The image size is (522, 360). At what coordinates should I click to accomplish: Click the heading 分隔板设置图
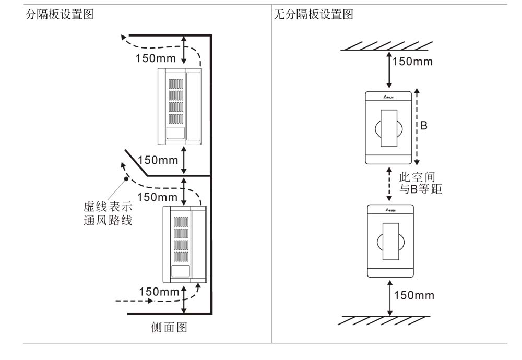(60, 15)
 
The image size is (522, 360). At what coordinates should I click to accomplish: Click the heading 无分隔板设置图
(313, 15)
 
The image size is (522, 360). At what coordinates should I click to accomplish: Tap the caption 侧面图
(169, 328)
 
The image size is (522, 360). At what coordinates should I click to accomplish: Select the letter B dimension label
(424, 126)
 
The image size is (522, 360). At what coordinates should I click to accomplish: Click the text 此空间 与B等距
(420, 184)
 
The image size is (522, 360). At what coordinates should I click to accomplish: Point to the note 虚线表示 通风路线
(108, 213)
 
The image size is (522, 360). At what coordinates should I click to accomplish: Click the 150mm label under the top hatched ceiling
(412, 62)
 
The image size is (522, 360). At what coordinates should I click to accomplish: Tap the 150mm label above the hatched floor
(414, 296)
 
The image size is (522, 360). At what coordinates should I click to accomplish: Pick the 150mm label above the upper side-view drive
(156, 58)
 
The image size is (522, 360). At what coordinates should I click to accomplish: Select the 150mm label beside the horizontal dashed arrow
(159, 291)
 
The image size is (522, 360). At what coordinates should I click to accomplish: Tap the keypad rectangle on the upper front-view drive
(390, 128)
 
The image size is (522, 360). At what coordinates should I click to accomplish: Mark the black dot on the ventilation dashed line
(126, 179)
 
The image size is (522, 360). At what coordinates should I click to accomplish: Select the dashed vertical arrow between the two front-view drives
(389, 184)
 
